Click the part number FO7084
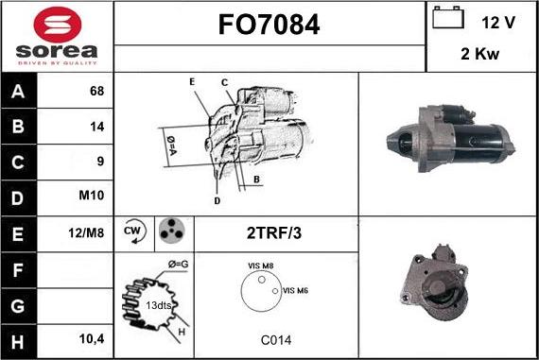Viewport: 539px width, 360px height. coord(269,26)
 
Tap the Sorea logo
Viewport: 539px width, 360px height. coord(57,36)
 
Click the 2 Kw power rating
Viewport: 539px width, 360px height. coord(480,54)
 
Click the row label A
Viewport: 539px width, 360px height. coord(20,92)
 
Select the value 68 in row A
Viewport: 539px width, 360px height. coord(96,92)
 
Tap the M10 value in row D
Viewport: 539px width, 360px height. coord(93,197)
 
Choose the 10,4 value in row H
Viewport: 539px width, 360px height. coord(91,336)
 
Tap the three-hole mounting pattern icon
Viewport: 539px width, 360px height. coord(170,231)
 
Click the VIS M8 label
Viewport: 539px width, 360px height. coord(260,267)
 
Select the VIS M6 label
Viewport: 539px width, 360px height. coord(295,290)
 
